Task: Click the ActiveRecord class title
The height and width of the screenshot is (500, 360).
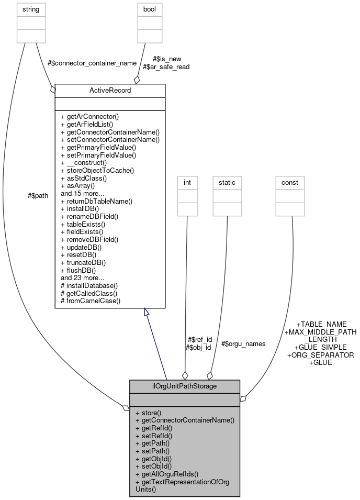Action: coord(110,91)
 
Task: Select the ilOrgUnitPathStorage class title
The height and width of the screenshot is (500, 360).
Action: coord(185,387)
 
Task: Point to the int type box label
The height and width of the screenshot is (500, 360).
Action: coord(187,183)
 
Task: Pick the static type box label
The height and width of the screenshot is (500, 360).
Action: coord(227,183)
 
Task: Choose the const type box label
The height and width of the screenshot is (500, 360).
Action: coord(290,183)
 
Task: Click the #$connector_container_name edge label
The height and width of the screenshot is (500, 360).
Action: coord(92,63)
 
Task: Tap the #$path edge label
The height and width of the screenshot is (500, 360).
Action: coord(38,195)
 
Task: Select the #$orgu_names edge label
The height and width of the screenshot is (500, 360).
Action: coord(243,344)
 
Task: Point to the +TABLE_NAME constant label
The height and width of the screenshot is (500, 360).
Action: coord(321,325)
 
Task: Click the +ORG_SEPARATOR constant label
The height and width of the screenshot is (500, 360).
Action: coord(321,355)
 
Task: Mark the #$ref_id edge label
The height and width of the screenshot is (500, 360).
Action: coord(199,339)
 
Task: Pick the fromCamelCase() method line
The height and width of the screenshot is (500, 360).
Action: coord(91,301)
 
